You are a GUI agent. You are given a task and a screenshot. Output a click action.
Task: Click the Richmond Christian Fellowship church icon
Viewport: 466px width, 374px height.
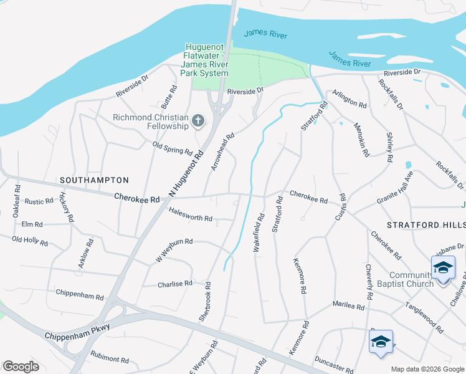[x=198, y=120]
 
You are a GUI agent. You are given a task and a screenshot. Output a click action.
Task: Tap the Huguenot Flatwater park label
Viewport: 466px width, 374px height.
[x=204, y=60]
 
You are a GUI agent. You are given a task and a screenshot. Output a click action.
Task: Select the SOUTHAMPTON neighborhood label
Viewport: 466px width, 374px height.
[x=94, y=180]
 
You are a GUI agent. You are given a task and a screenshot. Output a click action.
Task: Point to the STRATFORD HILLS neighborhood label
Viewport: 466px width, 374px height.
[x=426, y=224]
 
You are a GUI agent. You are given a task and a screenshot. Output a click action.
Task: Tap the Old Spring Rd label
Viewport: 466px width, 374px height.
[x=173, y=150]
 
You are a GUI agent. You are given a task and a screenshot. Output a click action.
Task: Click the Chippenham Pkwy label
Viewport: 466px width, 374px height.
[x=77, y=331]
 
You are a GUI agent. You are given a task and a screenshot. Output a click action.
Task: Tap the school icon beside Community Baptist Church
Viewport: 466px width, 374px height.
[x=443, y=268]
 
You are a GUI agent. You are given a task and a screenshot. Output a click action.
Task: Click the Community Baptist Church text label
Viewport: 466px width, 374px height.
[x=411, y=280]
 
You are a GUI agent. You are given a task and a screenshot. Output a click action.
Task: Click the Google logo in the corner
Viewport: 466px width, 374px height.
[x=21, y=367]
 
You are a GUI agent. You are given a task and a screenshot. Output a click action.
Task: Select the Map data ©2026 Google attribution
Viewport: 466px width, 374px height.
[x=427, y=368]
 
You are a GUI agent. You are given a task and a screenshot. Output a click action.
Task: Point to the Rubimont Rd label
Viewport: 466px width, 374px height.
[x=108, y=360]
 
